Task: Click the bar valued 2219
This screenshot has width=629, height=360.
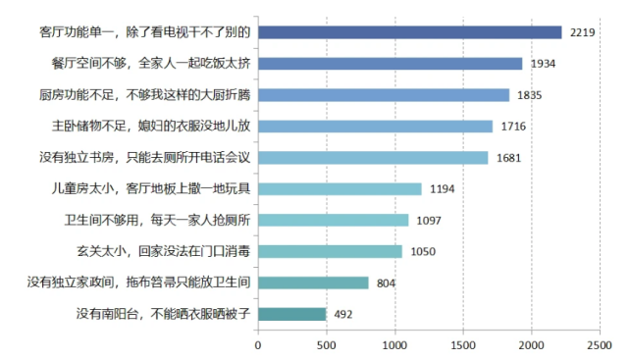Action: [x=409, y=32]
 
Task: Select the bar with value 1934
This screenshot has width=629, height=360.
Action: [x=390, y=64]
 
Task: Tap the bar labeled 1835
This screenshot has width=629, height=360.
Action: [x=384, y=95]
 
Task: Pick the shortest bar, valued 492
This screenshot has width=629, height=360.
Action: [x=291, y=315]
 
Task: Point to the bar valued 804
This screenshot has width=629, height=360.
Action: [x=313, y=283]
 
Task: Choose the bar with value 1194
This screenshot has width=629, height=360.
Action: [x=340, y=188]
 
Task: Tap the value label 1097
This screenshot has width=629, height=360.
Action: [x=429, y=221]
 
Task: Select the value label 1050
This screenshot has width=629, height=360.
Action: [x=423, y=252]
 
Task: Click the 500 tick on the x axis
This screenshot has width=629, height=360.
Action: [x=327, y=345]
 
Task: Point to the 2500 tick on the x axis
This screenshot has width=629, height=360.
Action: [x=600, y=345]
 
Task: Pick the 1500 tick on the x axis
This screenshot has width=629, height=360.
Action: [x=463, y=345]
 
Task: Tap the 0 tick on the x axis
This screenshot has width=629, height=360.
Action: [x=258, y=345]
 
